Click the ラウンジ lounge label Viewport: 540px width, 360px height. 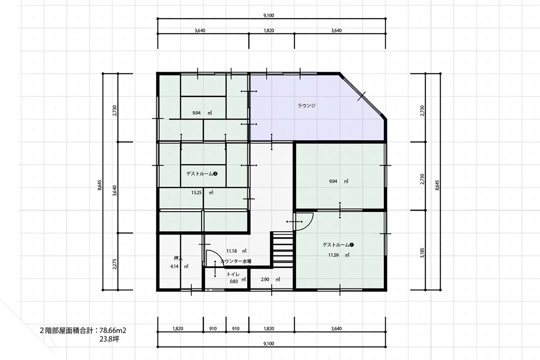coord(306,105)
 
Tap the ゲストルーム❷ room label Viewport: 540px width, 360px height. coord(202,174)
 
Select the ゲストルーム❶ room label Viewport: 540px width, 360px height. coord(338,245)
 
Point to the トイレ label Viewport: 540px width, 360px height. coord(234,274)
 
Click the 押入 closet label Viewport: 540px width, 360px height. coord(178,258)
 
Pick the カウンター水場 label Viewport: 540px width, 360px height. coord(236,261)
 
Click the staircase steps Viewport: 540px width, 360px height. coord(283,250)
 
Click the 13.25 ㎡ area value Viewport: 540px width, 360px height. coord(202,193)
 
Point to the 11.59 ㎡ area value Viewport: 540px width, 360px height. coord(339,255)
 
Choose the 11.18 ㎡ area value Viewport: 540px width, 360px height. coord(236,251)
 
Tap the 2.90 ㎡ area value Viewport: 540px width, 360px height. coord(270,279)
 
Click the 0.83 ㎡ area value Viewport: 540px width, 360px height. coord(238,281)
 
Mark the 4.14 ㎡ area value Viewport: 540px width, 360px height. coord(179,266)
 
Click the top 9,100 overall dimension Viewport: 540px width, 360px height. coord(269,15)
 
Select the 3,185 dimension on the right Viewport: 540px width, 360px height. coord(422,253)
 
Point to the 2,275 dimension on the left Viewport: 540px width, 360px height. coord(114,264)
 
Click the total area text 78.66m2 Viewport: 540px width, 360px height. coord(113,330)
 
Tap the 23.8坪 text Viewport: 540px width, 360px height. coord(109,339)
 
